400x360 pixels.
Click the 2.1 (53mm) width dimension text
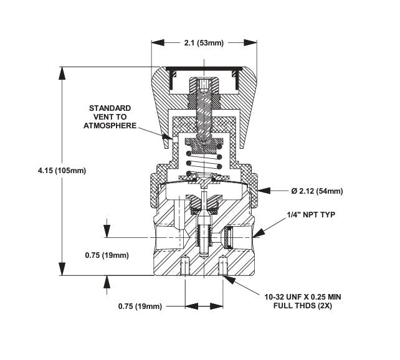tap(199, 42)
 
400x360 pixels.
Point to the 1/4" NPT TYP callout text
tap(311, 214)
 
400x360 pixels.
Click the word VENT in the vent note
tap(109, 116)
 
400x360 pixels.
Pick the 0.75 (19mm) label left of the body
tap(107, 255)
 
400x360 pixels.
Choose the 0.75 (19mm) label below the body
tap(140, 306)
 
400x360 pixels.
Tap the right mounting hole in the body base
tap(223, 267)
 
